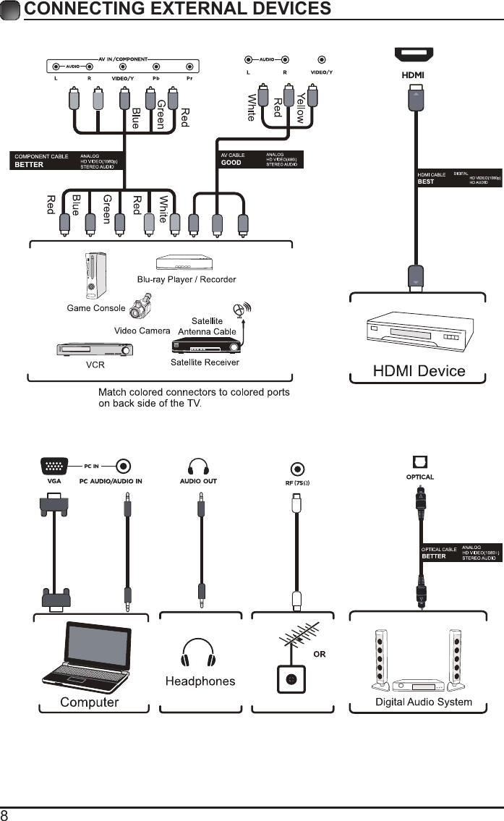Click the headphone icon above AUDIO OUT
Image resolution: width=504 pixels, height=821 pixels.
click(198, 466)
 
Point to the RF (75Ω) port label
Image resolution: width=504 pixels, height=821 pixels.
click(297, 482)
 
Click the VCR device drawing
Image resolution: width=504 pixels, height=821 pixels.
click(95, 349)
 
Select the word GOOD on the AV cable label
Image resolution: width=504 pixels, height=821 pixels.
click(231, 163)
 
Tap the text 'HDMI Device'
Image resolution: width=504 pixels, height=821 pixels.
click(419, 371)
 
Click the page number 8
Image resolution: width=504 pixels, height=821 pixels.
click(5, 814)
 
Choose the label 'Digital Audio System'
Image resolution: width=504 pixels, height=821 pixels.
click(423, 702)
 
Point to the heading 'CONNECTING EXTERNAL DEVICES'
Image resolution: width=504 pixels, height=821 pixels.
click(177, 9)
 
